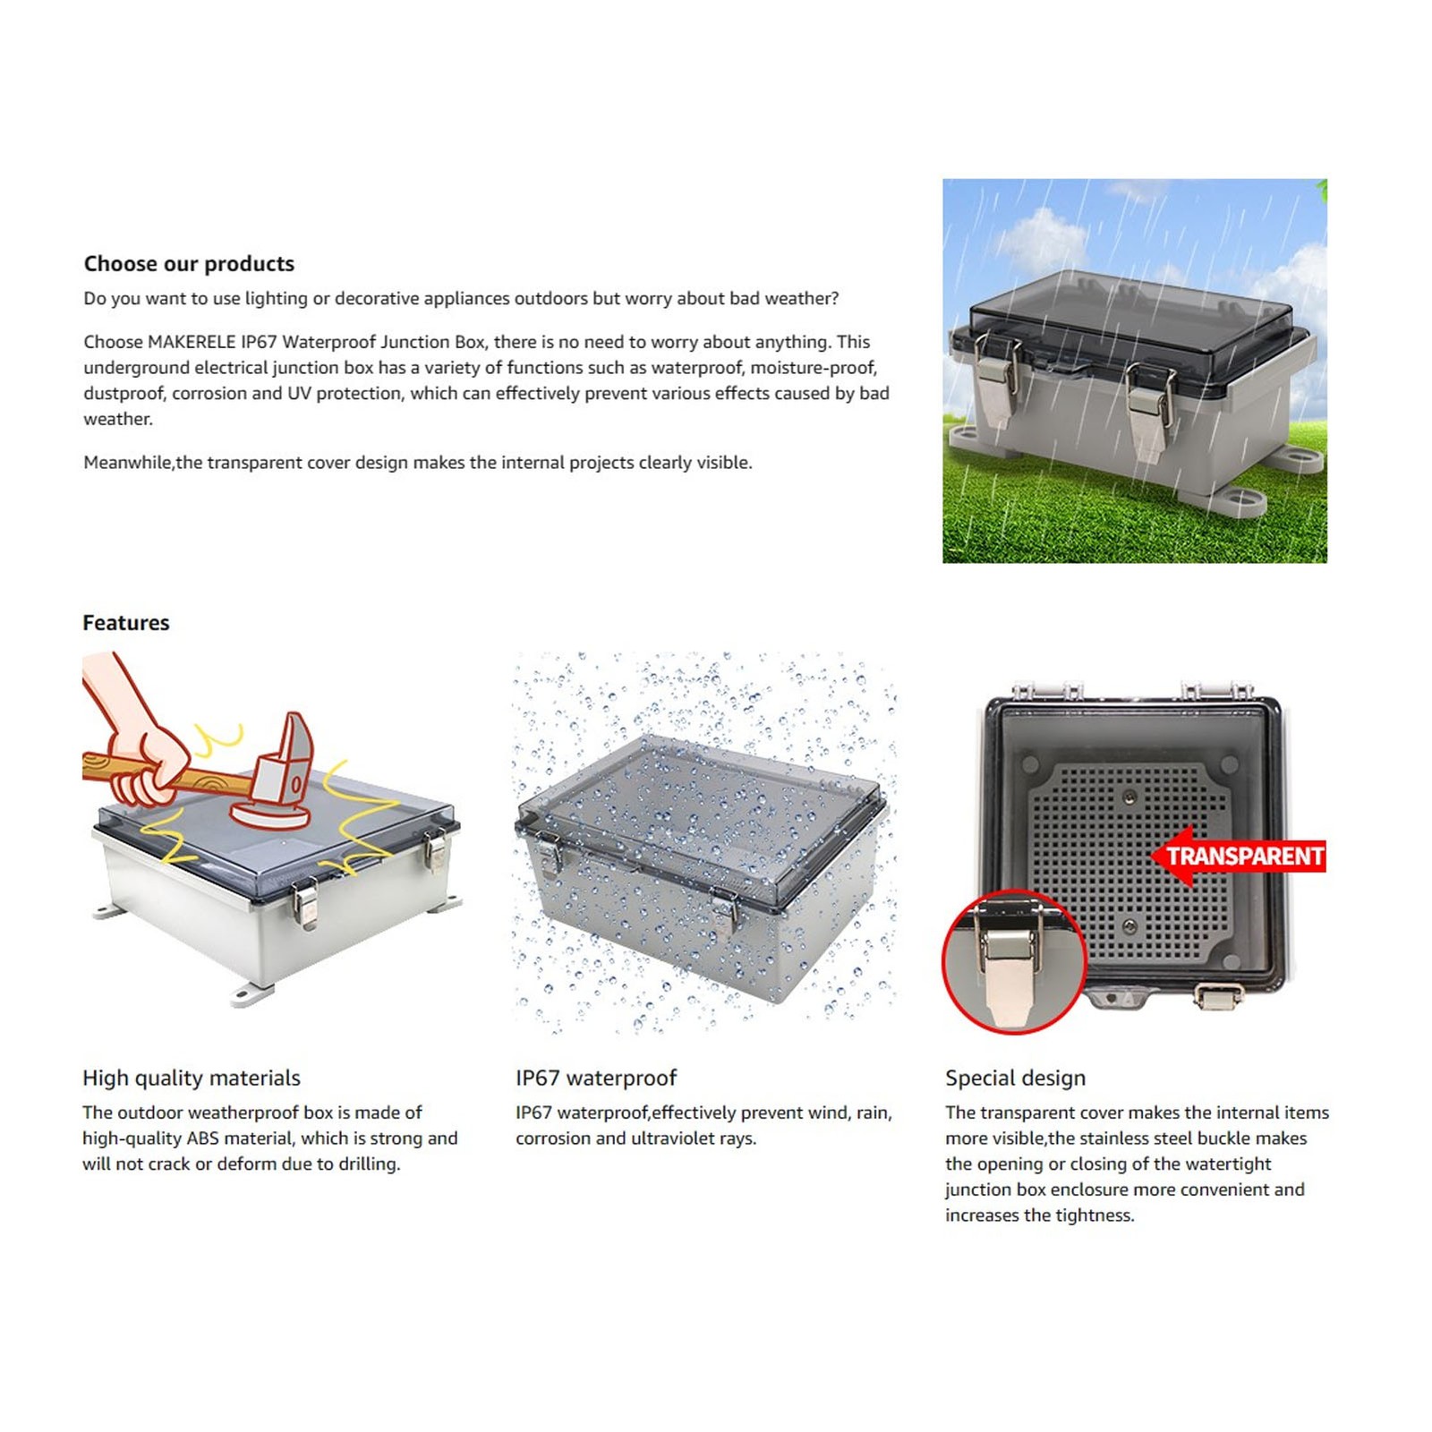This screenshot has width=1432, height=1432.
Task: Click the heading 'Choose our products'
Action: [x=189, y=264]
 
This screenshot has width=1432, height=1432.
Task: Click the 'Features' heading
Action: [x=126, y=623]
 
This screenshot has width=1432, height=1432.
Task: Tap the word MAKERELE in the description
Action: [x=192, y=342]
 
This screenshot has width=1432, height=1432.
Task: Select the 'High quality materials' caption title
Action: [x=192, y=1078]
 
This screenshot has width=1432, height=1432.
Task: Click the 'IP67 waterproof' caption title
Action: [x=596, y=1078]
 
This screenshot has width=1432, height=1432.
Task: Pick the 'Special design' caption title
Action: [x=1016, y=1078]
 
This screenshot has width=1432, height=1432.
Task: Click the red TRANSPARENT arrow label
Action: [x=1239, y=857]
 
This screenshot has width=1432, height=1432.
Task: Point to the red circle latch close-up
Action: [x=1014, y=962]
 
